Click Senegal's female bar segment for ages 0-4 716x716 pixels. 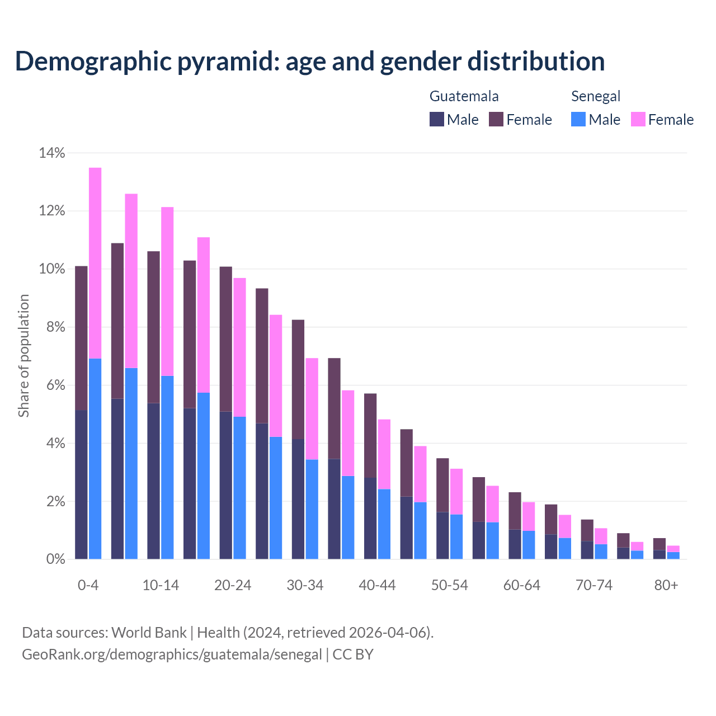pos(95,263)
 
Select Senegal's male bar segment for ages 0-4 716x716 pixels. pos(95,459)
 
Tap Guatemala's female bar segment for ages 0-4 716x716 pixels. pos(81,338)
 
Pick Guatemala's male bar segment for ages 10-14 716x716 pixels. pos(153,481)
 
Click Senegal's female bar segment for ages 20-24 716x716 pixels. pos(239,347)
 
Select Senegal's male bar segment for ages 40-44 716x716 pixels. pos(384,524)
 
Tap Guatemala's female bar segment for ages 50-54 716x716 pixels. pos(442,485)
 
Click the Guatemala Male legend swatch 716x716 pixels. pos(437,119)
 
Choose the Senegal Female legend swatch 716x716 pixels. pos(638,119)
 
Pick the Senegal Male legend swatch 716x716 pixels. pos(578,119)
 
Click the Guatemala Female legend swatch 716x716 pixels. pos(496,119)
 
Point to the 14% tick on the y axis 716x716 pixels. pos(52,153)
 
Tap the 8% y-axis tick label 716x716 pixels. pos(55,327)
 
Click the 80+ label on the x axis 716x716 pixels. pos(666,585)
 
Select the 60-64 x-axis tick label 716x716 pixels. pos(522,585)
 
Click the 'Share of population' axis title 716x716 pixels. pos(23,356)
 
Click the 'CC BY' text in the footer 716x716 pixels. pos(353,654)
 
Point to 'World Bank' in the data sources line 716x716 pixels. pos(149,633)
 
